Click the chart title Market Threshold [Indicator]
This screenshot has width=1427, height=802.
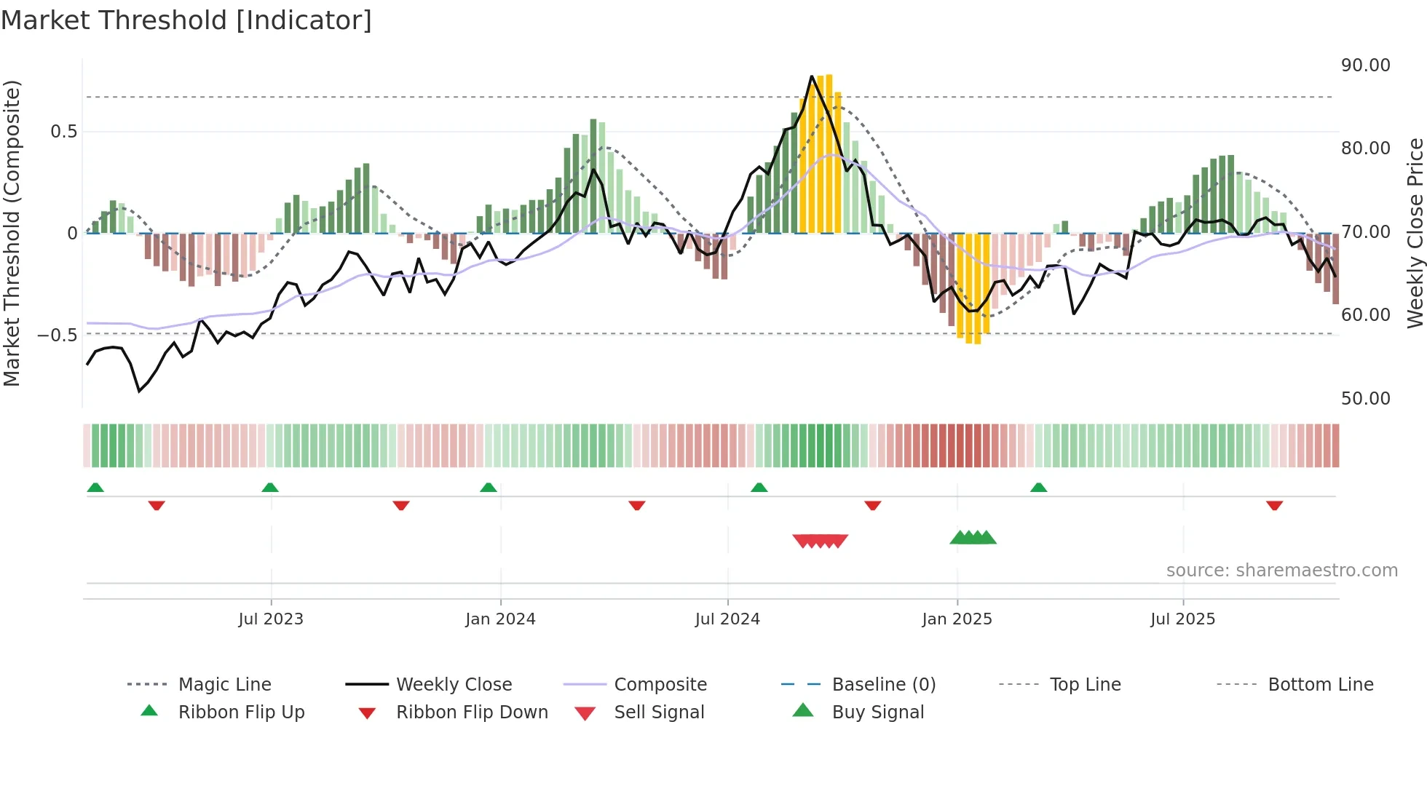[x=186, y=20]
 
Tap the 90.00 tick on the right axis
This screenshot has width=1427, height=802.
[x=1365, y=65]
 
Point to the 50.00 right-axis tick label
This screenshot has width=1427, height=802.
[x=1365, y=399]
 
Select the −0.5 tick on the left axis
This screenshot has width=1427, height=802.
[x=57, y=336]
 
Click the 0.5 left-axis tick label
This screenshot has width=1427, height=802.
[x=63, y=132]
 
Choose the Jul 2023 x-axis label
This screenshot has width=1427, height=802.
[x=271, y=619]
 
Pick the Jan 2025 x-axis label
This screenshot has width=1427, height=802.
[x=957, y=619]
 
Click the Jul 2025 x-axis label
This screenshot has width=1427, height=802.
[x=1182, y=619]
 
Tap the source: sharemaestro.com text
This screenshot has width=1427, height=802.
[x=1281, y=571]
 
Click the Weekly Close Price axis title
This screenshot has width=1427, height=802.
[x=1415, y=233]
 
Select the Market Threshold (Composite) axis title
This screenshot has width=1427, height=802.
[x=12, y=233]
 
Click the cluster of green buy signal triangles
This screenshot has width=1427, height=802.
[x=973, y=538]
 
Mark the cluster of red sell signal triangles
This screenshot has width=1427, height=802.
[x=821, y=541]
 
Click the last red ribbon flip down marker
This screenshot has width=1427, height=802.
[x=1274, y=505]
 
